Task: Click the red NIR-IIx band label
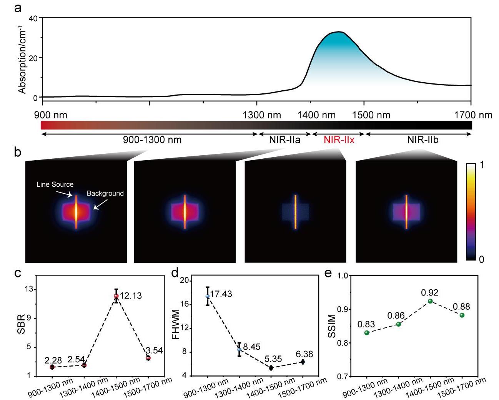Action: pos(339,140)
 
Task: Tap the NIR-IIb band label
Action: pos(423,140)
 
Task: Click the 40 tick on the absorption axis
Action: pos(33,18)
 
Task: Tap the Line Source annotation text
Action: pos(55,184)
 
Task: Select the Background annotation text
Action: pos(105,193)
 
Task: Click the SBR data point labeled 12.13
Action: pos(116,296)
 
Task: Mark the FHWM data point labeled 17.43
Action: pos(208,296)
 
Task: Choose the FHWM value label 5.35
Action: pos(273,359)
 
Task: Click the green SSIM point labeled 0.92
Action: pos(430,301)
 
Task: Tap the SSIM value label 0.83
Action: pos(366,324)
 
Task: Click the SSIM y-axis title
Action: pos(331,326)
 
